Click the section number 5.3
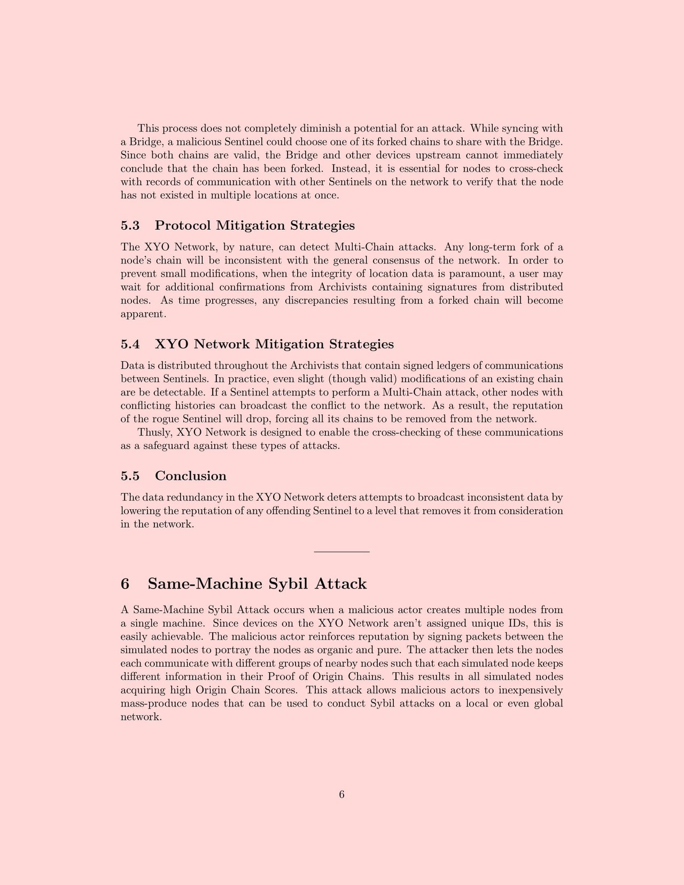(x=130, y=226)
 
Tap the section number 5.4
(x=130, y=344)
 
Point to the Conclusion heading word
(x=191, y=476)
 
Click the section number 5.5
(x=130, y=476)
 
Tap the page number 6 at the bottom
(x=342, y=795)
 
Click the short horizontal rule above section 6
(x=342, y=552)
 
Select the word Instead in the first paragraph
(x=348, y=168)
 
